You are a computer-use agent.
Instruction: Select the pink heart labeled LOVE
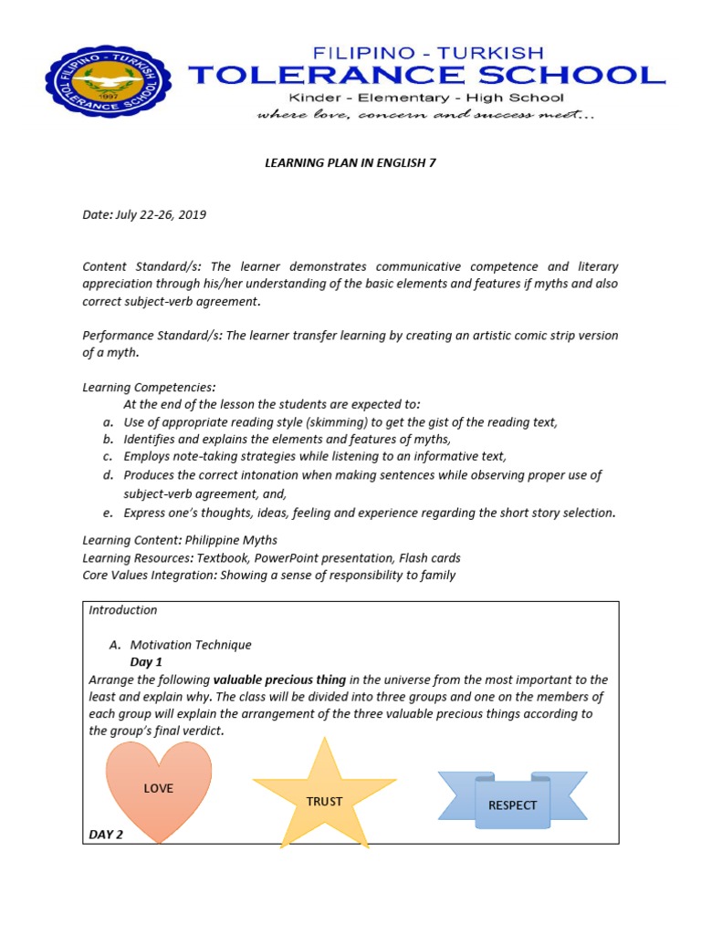coord(159,789)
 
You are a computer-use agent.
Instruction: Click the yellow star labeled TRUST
coord(324,797)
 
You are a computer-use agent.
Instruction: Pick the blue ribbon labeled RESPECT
coord(512,800)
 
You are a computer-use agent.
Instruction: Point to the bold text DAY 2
coord(106,834)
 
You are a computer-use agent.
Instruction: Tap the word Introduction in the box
coord(123,610)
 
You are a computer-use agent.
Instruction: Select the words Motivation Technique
coord(191,645)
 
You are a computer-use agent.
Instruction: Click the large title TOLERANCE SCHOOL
coord(427,75)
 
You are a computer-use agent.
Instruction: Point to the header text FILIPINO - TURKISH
coord(427,52)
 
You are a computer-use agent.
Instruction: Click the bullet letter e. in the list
coord(108,513)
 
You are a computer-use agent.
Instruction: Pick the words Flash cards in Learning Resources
coord(428,558)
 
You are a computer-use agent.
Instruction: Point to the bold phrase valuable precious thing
coord(279,680)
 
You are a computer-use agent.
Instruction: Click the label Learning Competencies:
coord(149,388)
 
